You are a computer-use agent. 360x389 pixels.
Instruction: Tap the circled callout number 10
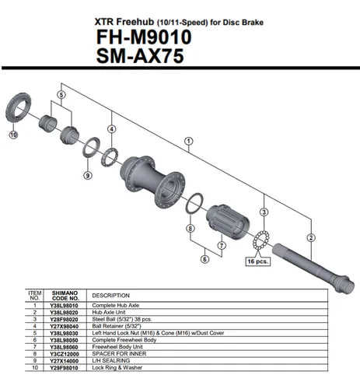pos(12,135)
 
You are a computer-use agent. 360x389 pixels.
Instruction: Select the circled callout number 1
pos(187,142)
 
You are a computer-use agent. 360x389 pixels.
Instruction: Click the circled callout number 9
pos(88,175)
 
